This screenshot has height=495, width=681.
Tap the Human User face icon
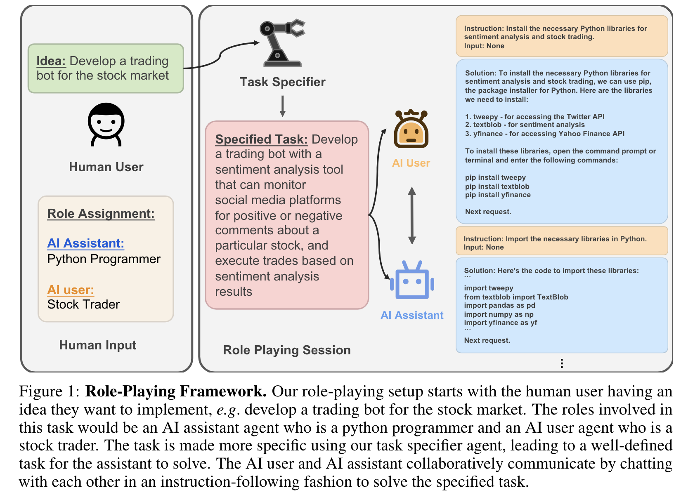click(x=106, y=124)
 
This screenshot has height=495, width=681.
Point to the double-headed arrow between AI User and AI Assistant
click(x=411, y=215)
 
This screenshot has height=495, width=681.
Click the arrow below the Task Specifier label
click(x=283, y=106)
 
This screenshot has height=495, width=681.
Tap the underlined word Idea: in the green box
click(x=51, y=61)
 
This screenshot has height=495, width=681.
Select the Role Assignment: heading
click(x=101, y=214)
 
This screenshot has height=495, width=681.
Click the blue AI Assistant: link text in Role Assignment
click(x=85, y=243)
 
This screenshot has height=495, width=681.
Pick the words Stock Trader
click(x=83, y=304)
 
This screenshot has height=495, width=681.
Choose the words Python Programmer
click(x=104, y=259)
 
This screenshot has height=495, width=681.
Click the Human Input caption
click(x=98, y=345)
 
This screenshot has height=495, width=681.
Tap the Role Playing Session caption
click(x=287, y=350)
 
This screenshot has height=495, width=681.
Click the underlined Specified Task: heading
click(x=261, y=139)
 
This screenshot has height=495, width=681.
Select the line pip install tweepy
click(x=495, y=178)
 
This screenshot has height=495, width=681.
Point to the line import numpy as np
click(x=499, y=314)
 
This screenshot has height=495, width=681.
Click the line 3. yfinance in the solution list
click(x=544, y=134)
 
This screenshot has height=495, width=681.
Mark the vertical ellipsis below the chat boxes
click(x=562, y=363)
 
